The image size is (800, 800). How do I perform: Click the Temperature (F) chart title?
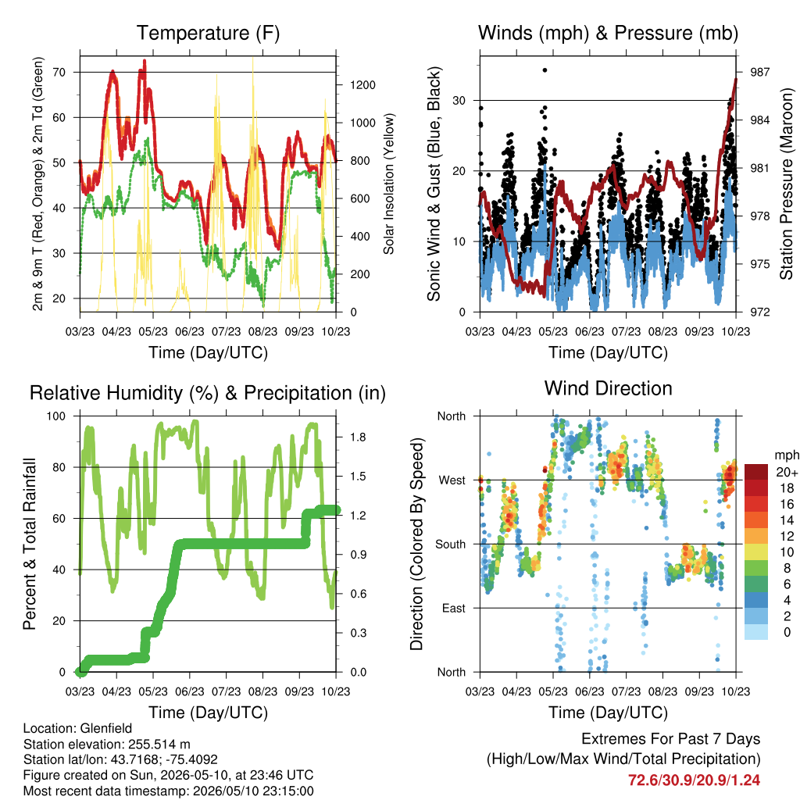pos(208,33)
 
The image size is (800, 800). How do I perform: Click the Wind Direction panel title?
pos(608,388)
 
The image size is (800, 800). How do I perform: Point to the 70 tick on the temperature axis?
pos(59,73)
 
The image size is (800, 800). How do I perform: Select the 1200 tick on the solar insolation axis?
pos(362,84)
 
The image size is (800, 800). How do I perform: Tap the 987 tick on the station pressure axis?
pos(759,72)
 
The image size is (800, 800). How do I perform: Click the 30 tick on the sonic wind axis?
pos(459,101)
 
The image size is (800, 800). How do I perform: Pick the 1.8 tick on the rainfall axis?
pos(358,437)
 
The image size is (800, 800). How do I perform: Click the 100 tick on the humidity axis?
pos(56,416)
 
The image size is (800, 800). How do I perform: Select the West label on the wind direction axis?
pos(452,480)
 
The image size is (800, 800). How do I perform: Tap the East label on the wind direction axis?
pos(454,608)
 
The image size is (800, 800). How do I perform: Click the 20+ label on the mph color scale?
pos(787,473)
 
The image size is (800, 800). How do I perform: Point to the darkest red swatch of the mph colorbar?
pos(756,472)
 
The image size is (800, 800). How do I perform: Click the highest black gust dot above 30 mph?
pos(545,70)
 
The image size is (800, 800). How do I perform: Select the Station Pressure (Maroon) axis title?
pos(786,184)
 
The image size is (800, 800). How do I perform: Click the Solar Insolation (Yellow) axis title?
pos(389,184)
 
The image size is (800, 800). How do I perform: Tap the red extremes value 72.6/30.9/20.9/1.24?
pos(694,780)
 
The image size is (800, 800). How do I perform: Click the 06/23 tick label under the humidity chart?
pos(190,691)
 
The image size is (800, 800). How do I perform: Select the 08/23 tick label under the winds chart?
pos(662,331)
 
